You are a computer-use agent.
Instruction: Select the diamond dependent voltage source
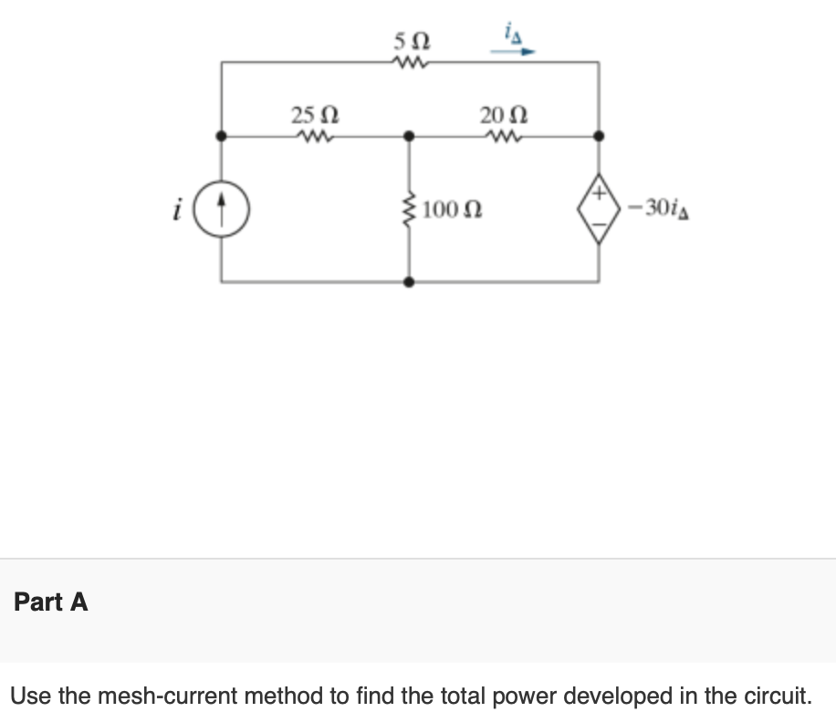(x=600, y=209)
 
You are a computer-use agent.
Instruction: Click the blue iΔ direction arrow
(x=511, y=53)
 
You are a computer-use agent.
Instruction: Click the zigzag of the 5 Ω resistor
(x=408, y=63)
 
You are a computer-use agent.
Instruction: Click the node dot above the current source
(x=221, y=136)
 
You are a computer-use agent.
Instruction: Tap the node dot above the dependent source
(x=600, y=136)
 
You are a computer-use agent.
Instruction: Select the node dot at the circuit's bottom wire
(x=410, y=282)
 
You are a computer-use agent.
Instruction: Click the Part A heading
(x=51, y=602)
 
